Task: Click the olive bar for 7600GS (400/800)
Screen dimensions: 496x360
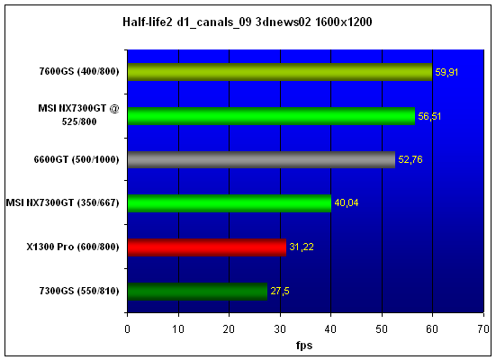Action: pos(280,72)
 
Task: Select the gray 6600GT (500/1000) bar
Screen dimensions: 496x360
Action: pos(261,159)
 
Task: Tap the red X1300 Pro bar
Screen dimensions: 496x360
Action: pos(207,247)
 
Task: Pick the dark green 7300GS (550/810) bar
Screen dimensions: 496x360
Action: pos(197,291)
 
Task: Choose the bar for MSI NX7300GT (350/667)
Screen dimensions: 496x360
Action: pos(230,203)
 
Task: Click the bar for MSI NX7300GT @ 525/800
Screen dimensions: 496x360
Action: pos(271,116)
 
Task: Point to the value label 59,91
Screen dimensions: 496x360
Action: pos(446,72)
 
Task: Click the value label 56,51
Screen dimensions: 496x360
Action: pos(429,116)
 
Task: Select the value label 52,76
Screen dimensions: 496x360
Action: pos(410,159)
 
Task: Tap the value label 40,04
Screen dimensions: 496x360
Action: pos(346,202)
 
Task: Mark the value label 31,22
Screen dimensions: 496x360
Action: pos(302,247)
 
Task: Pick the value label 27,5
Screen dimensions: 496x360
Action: pos(280,291)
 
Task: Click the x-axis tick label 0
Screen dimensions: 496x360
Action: pos(127,329)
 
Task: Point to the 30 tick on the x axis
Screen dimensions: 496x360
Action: pos(280,329)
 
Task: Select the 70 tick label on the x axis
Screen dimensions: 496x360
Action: pos(483,329)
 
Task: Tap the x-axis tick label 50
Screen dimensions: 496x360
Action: pos(382,329)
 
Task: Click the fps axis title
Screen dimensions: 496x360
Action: pos(304,345)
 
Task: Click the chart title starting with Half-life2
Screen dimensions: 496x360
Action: pos(248,22)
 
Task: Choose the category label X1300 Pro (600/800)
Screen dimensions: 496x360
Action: pos(73,247)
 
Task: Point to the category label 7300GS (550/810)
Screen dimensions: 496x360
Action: pos(79,291)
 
